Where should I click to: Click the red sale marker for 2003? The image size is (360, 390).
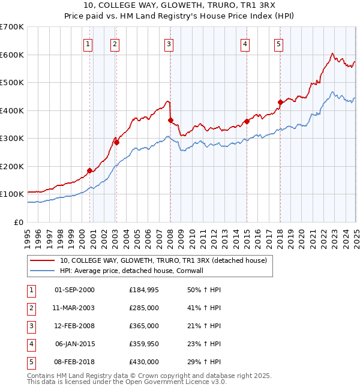[116, 143]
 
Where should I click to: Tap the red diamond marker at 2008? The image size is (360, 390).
[170, 121]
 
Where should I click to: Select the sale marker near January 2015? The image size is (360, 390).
[247, 122]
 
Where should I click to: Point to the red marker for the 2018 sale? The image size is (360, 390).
[280, 102]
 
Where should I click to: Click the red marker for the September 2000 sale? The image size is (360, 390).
[89, 170]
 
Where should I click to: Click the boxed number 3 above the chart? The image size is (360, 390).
[169, 43]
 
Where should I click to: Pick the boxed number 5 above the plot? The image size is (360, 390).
[279, 43]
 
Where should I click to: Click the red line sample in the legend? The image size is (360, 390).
[43, 260]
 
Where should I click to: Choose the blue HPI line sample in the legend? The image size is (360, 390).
[43, 271]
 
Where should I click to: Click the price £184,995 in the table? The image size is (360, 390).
[143, 290]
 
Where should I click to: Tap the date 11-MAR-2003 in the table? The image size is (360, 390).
[74, 308]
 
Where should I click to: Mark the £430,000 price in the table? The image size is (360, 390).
[143, 362]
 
